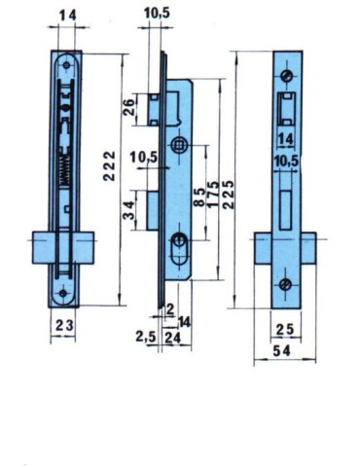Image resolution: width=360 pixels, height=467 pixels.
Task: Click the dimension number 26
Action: pos(129,107)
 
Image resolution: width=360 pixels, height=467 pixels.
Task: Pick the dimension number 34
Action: pos(129,211)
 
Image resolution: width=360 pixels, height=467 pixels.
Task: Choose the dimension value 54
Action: pos(285,348)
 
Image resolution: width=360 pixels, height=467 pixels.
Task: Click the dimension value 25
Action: pos(285,327)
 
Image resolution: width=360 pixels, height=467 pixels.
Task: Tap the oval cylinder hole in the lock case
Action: pos(181,243)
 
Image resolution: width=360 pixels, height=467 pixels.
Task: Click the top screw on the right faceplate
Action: pos(285,77)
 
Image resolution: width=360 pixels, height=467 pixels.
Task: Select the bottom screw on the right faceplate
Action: pos(285,283)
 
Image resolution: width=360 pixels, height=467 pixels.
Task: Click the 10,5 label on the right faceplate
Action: pos(285,161)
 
